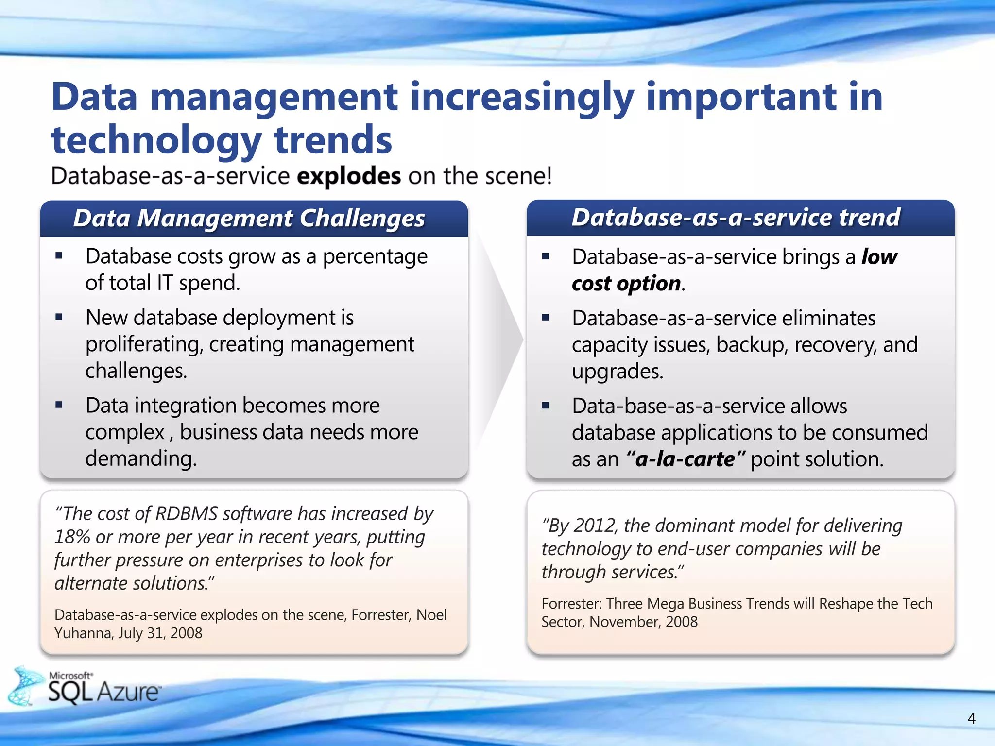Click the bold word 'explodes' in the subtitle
(x=348, y=176)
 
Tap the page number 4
(x=971, y=718)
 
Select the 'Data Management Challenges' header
(x=249, y=218)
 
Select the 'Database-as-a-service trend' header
(x=736, y=217)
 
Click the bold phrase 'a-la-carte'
(x=685, y=459)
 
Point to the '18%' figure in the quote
(x=72, y=537)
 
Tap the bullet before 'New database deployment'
(x=59, y=318)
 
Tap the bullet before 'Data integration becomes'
(x=59, y=405)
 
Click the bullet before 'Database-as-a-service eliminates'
(x=546, y=318)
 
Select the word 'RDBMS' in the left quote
(x=186, y=514)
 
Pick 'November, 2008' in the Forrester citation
(x=643, y=622)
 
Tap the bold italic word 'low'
(x=879, y=256)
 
